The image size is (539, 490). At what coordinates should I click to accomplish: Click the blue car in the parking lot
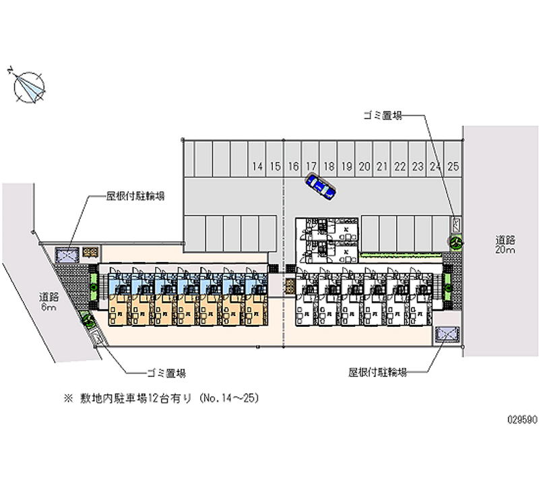click(320, 187)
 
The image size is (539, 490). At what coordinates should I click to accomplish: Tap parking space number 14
click(257, 166)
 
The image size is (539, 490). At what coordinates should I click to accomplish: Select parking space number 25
click(453, 166)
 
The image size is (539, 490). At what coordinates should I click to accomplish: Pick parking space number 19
click(346, 166)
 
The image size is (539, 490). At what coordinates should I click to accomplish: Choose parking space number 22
click(400, 166)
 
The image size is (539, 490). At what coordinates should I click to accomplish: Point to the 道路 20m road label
click(505, 245)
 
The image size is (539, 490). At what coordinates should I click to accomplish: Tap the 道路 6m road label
click(48, 301)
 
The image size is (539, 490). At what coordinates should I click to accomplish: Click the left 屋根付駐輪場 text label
click(135, 196)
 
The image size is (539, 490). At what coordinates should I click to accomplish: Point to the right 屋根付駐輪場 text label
click(377, 372)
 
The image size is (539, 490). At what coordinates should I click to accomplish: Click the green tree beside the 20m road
click(455, 241)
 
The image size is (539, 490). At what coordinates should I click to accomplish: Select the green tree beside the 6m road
click(87, 319)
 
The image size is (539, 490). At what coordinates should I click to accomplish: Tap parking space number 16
click(292, 166)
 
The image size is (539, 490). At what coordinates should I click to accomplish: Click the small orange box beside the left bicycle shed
click(90, 253)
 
